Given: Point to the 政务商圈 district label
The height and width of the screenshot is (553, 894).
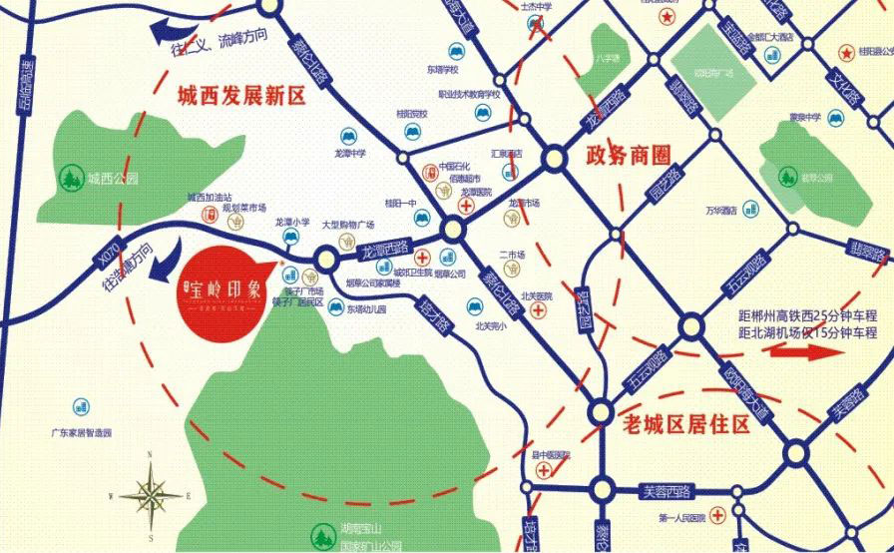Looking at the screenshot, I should (628, 156).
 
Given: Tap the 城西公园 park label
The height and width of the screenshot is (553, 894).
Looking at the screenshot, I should (111, 181).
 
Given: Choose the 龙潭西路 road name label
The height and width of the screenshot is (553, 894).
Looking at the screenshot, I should (386, 247).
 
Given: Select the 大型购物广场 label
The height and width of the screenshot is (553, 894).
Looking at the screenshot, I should (348, 226).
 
